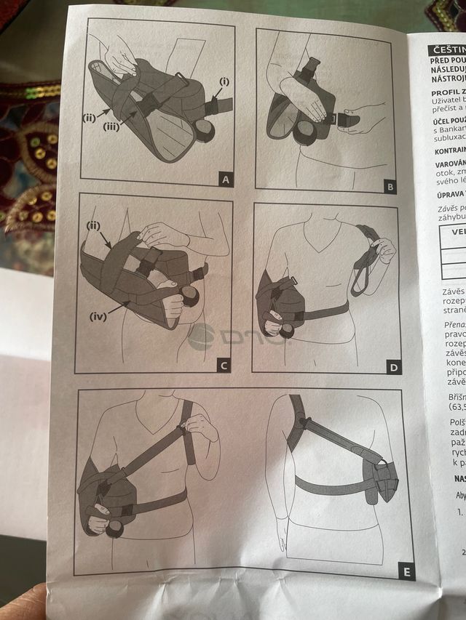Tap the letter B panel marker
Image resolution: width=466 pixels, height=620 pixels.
pyautogui.click(x=390, y=187)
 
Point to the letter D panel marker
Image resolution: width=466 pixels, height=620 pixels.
pyautogui.click(x=394, y=367)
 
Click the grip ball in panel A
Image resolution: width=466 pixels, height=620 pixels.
pyautogui.click(x=204, y=129)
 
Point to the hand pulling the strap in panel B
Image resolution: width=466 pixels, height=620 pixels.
pyautogui.click(x=367, y=115)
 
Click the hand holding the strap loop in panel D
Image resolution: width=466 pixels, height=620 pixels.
pyautogui.click(x=383, y=251)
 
